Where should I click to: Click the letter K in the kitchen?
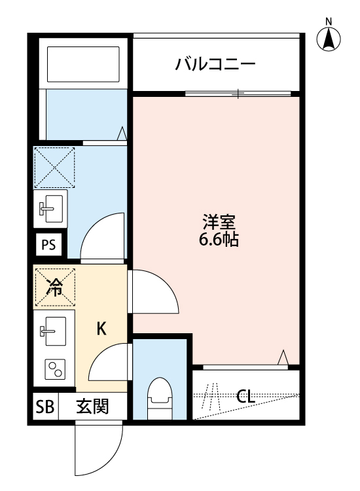coord(101,329)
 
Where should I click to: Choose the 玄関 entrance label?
coord(92,407)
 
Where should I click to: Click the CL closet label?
coord(246,396)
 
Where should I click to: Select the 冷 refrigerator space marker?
coord(55,287)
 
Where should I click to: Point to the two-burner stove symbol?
coord(54,370)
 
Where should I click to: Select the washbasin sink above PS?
coord(51,208)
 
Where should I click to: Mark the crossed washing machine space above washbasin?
coord(54,167)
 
